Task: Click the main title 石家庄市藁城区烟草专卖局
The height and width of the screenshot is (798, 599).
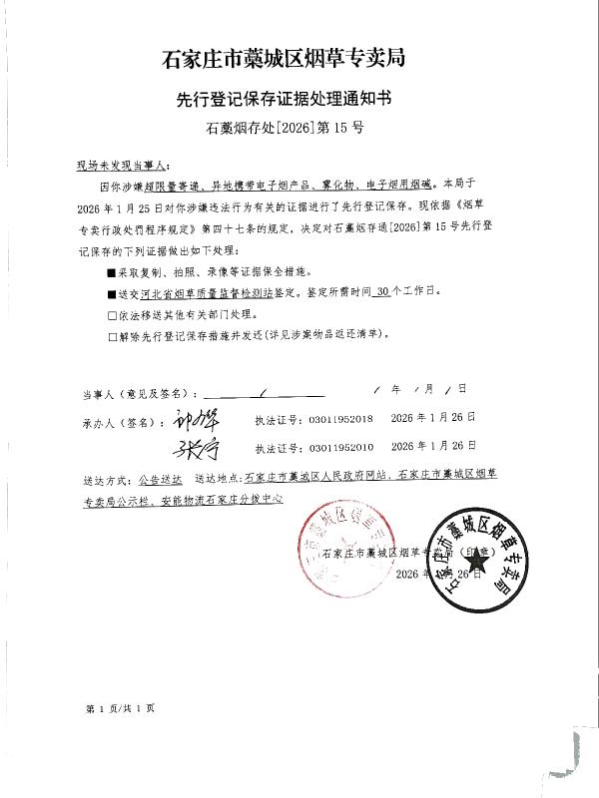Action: pos(299,59)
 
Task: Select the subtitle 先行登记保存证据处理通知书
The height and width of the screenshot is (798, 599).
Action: pos(299,100)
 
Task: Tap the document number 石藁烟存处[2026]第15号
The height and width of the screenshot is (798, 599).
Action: pos(299,130)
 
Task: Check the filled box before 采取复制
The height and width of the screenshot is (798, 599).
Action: pos(113,271)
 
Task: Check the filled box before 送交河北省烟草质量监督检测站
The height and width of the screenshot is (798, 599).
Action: pos(113,294)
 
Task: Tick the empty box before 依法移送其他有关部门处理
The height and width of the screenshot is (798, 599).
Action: pos(113,315)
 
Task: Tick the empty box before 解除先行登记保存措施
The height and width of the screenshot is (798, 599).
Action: pos(113,336)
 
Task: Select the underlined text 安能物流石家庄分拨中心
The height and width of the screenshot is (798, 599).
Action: pos(212,497)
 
